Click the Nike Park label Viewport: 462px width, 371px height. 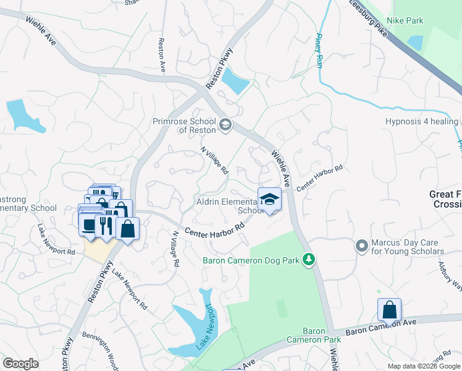pos(405,20)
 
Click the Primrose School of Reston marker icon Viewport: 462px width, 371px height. pos(225,126)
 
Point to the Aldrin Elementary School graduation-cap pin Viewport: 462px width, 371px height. pos(269,199)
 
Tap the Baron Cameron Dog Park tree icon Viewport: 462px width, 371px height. pos(313,260)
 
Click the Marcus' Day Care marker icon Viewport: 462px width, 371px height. pos(363,246)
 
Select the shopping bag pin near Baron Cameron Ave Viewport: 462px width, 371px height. pos(390,309)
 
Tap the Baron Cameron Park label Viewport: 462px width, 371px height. pos(314,335)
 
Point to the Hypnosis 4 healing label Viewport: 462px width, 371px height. pos(421,121)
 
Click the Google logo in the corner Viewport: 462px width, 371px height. pos(20,363)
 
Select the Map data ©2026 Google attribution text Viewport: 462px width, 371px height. pos(423,366)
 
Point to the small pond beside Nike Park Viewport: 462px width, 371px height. pos(415,42)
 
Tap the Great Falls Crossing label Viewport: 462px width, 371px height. pos(445,199)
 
